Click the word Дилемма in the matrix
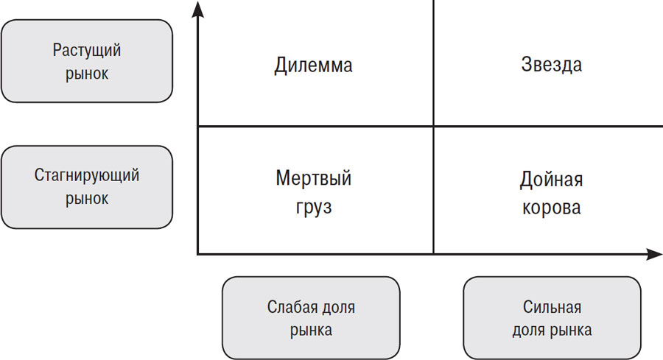(x=313, y=66)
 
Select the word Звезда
(x=551, y=65)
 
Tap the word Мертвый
(x=313, y=178)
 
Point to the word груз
(x=313, y=208)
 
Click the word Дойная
(x=551, y=179)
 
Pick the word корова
(x=551, y=208)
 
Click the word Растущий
(x=87, y=50)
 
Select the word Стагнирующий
(x=87, y=175)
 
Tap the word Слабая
(x=288, y=307)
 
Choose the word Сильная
(x=552, y=307)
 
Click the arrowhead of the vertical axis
(x=197, y=10)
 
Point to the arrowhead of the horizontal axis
(x=654, y=254)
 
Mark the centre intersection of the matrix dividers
(x=433, y=126)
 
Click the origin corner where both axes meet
(x=198, y=254)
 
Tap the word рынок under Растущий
(x=87, y=74)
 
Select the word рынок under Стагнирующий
(x=87, y=199)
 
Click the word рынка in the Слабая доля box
(x=311, y=331)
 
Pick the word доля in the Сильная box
(x=528, y=331)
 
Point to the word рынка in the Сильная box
(x=570, y=331)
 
